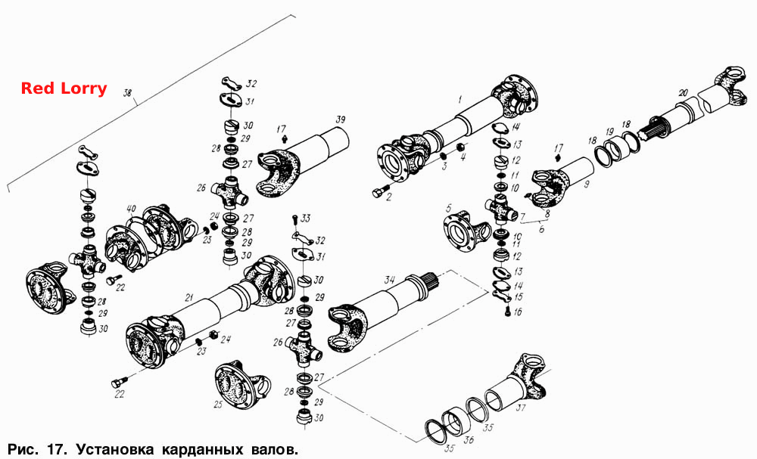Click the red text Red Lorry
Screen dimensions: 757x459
pyautogui.click(x=64, y=88)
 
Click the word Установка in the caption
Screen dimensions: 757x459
pyautogui.click(x=115, y=449)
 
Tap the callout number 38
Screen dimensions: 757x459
pyautogui.click(x=127, y=92)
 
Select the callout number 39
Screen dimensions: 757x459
pyautogui.click(x=341, y=119)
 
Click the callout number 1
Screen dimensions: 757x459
pyautogui.click(x=460, y=100)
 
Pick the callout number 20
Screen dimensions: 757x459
pyautogui.click(x=683, y=91)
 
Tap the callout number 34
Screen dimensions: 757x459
pyautogui.click(x=389, y=280)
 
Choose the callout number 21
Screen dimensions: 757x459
pyautogui.click(x=189, y=297)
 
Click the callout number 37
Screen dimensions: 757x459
pyautogui.click(x=521, y=408)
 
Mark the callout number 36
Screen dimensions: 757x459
pyautogui.click(x=469, y=439)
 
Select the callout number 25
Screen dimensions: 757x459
pyautogui.click(x=218, y=404)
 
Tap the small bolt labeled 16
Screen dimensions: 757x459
pyautogui.click(x=508, y=312)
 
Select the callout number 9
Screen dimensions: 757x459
pyautogui.click(x=586, y=185)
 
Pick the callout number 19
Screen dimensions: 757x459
pyautogui.click(x=609, y=132)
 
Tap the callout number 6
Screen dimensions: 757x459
pyautogui.click(x=542, y=229)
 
